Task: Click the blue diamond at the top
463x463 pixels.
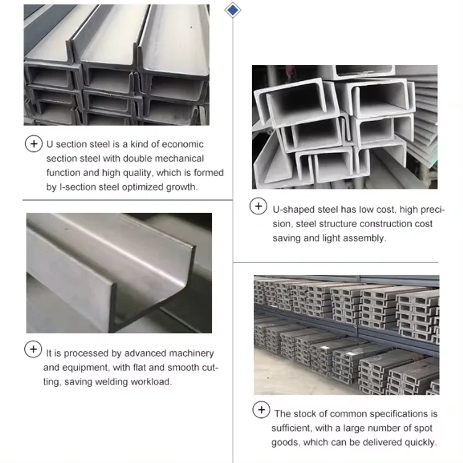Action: coord(233,10)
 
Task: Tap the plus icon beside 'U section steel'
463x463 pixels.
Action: coord(34,144)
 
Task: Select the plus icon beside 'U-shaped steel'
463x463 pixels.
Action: coord(259,206)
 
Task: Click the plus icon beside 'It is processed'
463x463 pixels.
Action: coord(33,349)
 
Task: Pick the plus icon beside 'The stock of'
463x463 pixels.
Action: coord(261,409)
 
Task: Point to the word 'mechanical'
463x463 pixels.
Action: coord(179,159)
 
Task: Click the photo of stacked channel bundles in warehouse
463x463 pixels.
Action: coord(347,335)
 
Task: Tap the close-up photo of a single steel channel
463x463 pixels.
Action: coord(119,273)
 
